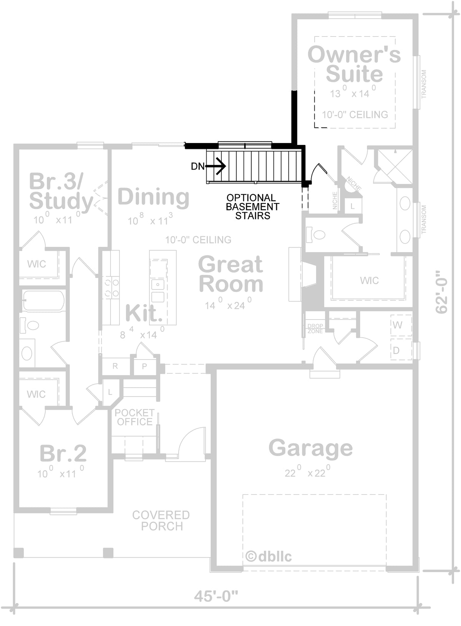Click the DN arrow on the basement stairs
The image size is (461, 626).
click(x=215, y=166)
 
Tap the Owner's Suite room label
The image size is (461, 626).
click(x=354, y=64)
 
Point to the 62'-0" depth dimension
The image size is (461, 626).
click(x=441, y=292)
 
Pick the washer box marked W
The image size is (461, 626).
click(x=401, y=325)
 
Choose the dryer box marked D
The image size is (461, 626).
click(x=401, y=349)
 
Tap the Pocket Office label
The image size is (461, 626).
click(x=134, y=417)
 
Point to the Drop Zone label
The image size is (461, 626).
click(x=315, y=328)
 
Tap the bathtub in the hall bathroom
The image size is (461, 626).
click(x=43, y=301)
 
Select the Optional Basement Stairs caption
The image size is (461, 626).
click(x=252, y=207)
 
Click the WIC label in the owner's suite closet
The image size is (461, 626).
click(x=369, y=280)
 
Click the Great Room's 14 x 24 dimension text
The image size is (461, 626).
click(x=228, y=304)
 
